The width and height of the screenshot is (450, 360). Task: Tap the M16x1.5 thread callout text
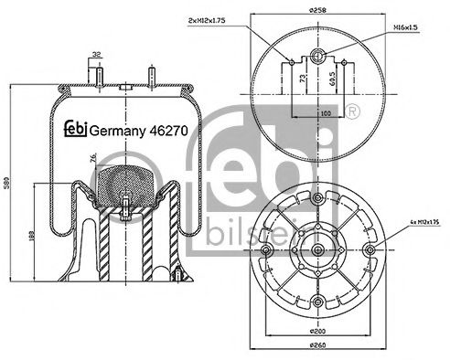coord(407,27)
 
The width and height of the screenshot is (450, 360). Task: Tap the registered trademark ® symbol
coord(353,111)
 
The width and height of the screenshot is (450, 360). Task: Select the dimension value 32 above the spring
coord(96,54)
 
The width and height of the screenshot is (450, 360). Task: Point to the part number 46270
coord(169,130)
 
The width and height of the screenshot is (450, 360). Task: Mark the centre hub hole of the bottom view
coord(316,249)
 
